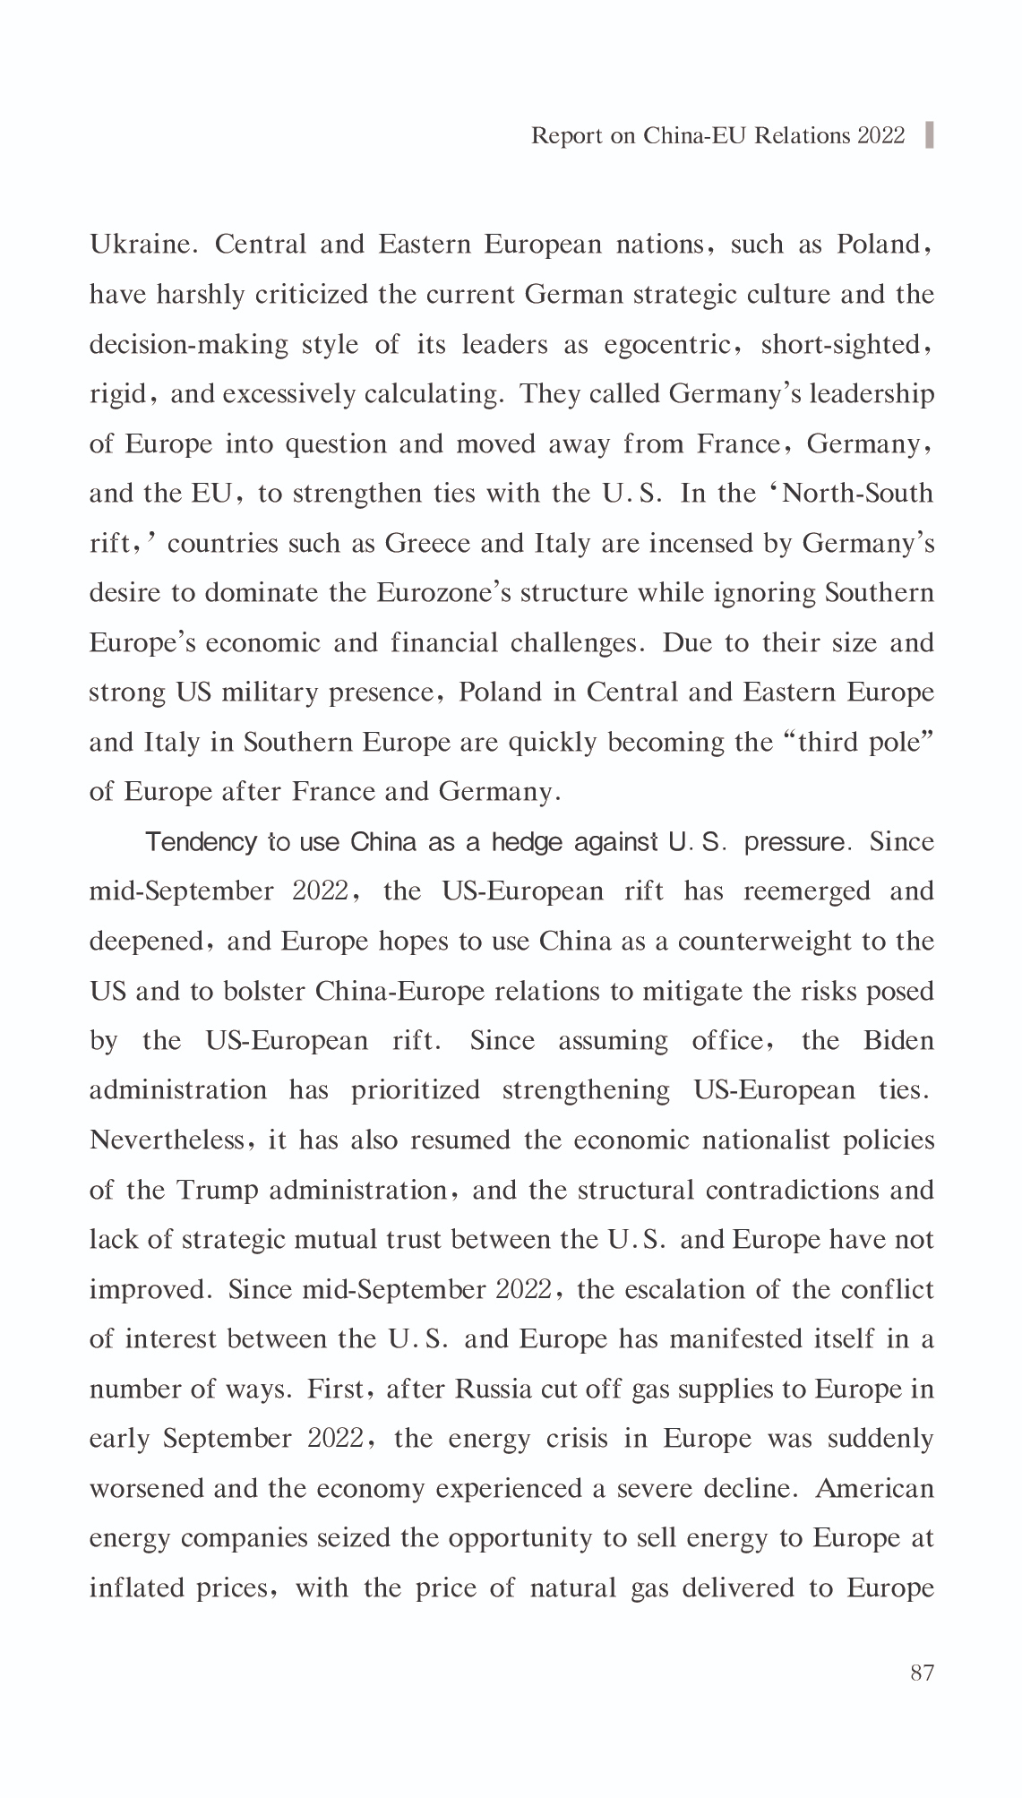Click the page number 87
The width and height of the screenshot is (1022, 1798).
point(922,1673)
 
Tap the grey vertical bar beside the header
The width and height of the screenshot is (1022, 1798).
point(929,134)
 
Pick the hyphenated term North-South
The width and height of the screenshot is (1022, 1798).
point(857,494)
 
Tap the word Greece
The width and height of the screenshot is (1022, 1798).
point(420,544)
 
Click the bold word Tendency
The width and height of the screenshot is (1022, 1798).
point(201,843)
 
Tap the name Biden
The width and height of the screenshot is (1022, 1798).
point(898,1041)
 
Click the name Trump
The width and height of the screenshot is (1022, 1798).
point(218,1191)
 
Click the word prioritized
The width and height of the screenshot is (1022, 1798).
point(416,1090)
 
